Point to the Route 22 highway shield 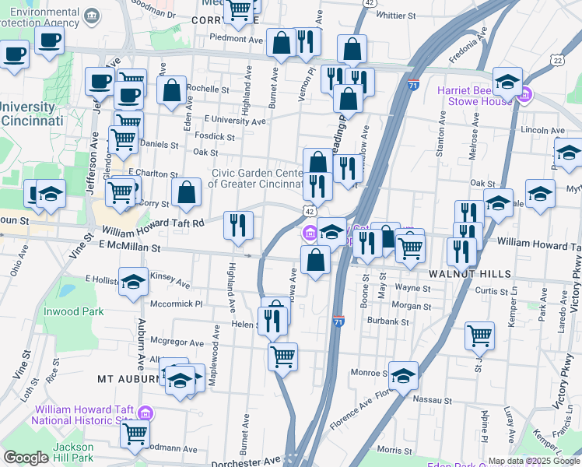click(557, 60)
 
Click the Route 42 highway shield click(310, 211)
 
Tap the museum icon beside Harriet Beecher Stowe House click(525, 96)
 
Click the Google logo click(26, 458)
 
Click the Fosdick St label click(216, 137)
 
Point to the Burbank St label click(389, 321)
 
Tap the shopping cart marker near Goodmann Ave click(135, 434)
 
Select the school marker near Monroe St click(403, 376)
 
